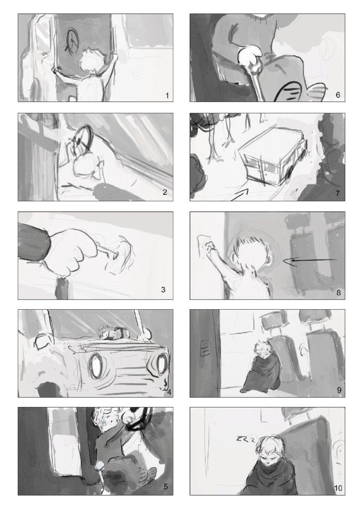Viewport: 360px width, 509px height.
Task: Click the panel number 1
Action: point(167,95)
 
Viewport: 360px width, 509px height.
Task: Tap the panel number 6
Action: point(338,95)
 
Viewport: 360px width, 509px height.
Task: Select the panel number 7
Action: point(338,193)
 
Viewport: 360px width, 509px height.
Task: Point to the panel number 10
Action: point(338,488)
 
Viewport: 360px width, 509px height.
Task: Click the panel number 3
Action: point(163,289)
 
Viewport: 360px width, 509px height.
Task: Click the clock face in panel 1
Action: point(73,40)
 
